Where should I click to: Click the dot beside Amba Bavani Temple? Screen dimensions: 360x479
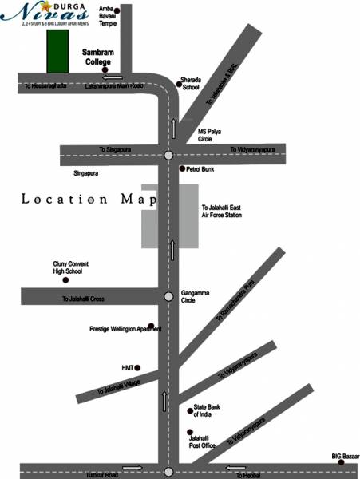tap(117, 10)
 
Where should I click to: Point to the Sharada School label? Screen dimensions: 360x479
tap(192, 83)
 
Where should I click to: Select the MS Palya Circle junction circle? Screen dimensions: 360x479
tap(168, 156)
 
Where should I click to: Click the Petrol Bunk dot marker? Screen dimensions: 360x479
tap(183, 168)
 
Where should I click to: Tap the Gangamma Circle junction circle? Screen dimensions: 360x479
tap(168, 297)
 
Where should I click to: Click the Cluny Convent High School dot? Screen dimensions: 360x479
tap(66, 280)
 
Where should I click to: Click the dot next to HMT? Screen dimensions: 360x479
tap(138, 367)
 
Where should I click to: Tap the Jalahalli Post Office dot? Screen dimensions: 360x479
tap(190, 431)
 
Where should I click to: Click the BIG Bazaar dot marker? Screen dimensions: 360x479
tap(341, 462)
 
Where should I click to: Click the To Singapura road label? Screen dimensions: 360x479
tap(115, 149)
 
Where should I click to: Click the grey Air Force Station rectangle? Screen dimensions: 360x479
tap(169, 215)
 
